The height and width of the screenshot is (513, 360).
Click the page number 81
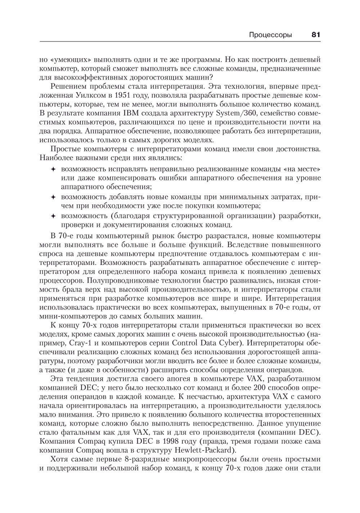point(315,35)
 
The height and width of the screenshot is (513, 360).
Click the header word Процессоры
point(270,35)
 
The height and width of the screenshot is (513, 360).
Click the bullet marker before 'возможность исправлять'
point(53,169)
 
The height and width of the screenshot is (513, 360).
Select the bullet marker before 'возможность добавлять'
point(53,197)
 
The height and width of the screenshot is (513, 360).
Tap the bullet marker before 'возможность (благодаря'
point(53,216)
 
